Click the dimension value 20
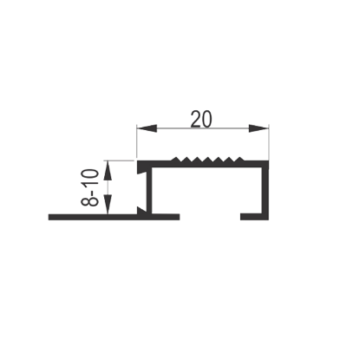tap(201, 119)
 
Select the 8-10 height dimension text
tap(90, 188)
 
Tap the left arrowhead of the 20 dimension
tap(147, 128)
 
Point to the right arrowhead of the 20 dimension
tap(259, 128)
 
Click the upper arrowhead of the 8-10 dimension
tap(108, 170)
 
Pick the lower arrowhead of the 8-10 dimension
tap(108, 205)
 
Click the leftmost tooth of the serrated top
tap(174, 159)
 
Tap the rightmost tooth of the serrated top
tap(239, 159)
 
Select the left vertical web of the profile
tap(149, 191)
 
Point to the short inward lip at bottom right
tap(252, 217)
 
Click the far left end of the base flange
tap(49, 217)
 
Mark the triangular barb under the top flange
tap(141, 170)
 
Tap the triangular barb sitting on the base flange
tap(141, 211)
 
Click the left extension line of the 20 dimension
tap(137, 141)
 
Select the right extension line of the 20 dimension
tap(269, 141)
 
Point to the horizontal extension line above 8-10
tap(120, 160)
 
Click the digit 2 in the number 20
tap(195, 119)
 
